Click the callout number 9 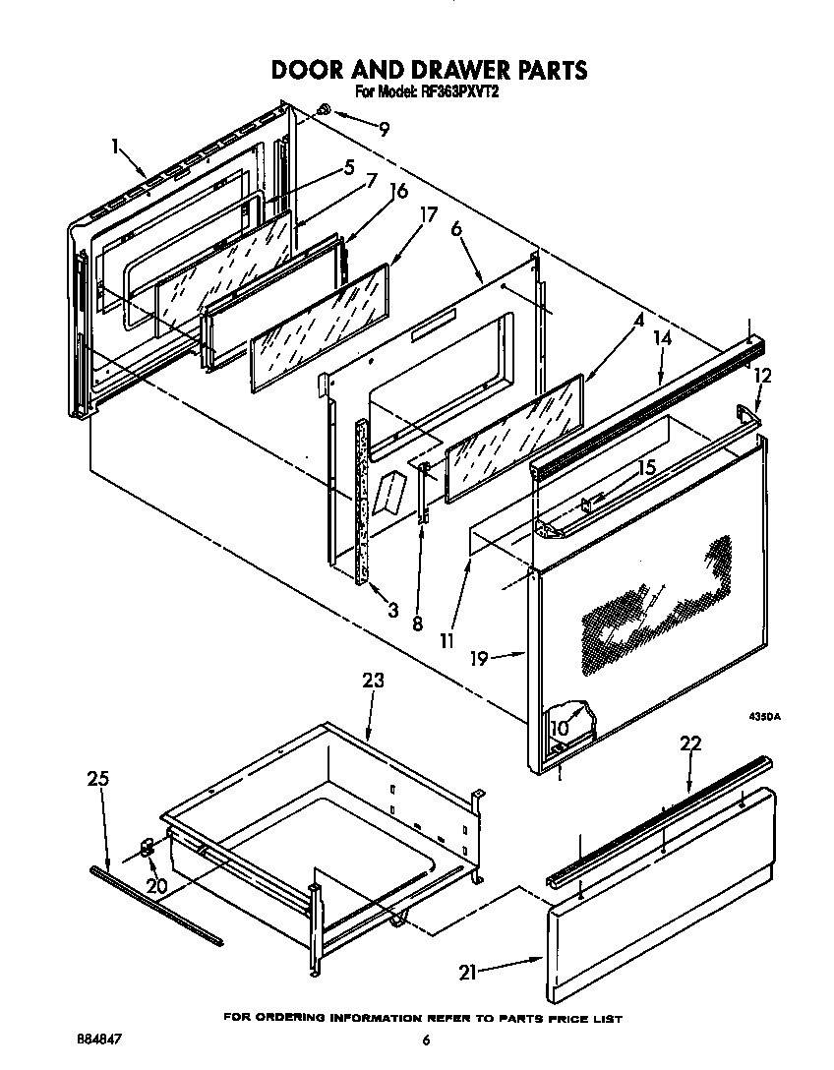click(385, 127)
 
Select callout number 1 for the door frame click(117, 149)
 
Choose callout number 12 click(762, 375)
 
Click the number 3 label click(392, 610)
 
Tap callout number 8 click(418, 623)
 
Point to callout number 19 click(481, 658)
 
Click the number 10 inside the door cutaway click(560, 729)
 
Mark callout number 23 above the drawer click(373, 681)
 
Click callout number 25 click(96, 780)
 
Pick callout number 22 click(690, 743)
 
